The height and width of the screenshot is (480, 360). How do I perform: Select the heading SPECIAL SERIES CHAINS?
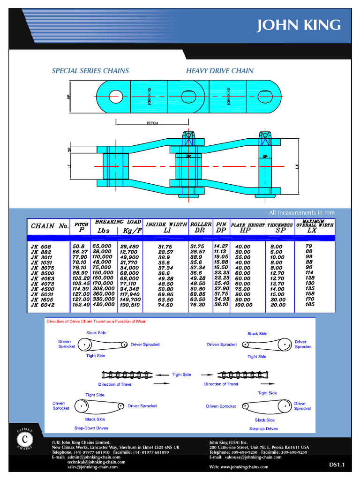click(90, 71)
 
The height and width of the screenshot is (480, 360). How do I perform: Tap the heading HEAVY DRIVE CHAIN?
click(219, 71)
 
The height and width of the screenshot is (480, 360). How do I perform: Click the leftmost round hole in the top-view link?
click(115, 97)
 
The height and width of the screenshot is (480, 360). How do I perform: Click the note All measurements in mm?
click(301, 213)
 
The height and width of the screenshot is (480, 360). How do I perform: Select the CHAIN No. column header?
click(50, 226)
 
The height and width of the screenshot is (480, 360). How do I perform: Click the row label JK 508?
click(41, 247)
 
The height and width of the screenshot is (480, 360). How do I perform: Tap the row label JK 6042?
click(43, 305)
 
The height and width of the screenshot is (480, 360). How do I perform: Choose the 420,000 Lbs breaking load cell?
click(103, 304)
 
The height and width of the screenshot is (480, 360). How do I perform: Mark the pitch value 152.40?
click(81, 304)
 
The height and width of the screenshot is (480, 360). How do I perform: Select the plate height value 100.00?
click(243, 305)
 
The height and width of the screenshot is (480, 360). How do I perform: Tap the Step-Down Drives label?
click(91, 428)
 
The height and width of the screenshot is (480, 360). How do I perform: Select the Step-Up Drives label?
click(263, 428)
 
